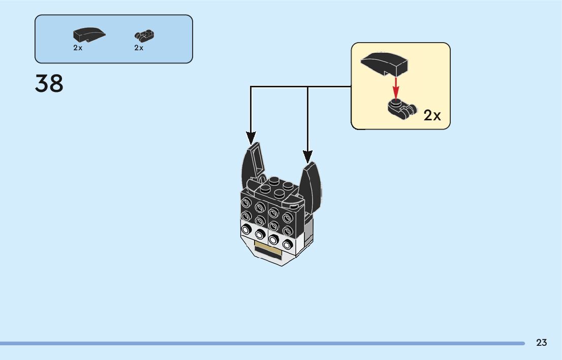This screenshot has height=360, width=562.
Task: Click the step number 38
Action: coord(49,84)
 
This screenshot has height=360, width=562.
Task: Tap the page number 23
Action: coord(541,343)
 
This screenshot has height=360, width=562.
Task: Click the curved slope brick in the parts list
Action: coord(89,35)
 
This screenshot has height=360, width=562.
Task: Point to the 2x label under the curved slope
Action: coord(78,48)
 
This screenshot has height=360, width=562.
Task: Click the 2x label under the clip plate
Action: coord(139,48)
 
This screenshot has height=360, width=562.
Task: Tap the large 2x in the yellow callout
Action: coord(432,116)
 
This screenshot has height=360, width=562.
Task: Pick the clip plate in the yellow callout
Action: coord(401,109)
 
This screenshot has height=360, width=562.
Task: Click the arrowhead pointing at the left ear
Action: coord(251,138)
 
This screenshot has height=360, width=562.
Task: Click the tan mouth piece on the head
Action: coord(269,249)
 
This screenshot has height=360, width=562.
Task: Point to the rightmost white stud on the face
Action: coord(288,243)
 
